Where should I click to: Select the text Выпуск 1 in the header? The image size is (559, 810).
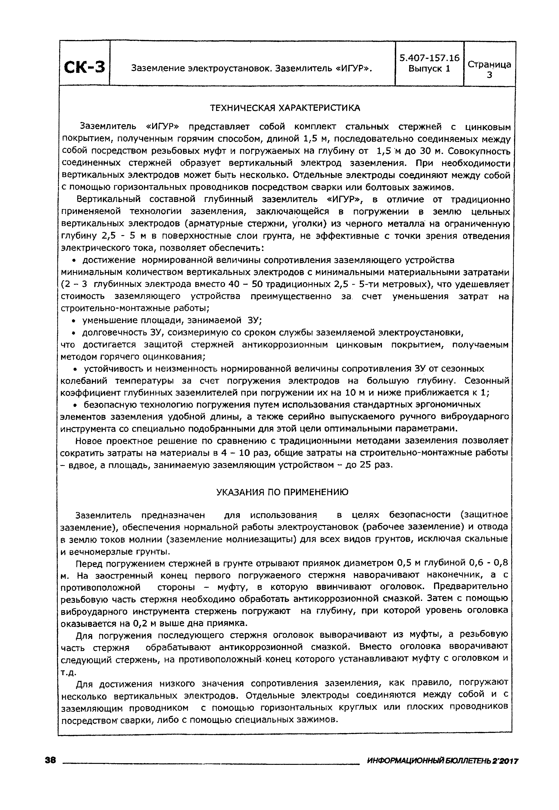[x=429, y=69]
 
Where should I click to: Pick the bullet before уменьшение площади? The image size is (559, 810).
[x=74, y=321]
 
